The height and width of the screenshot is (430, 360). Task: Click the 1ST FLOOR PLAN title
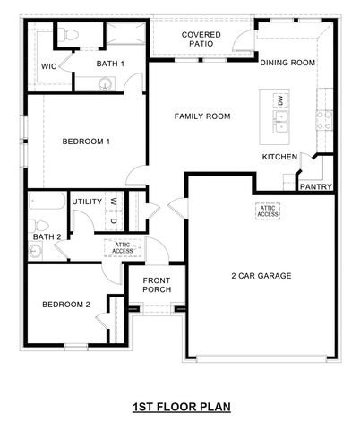[x=181, y=407]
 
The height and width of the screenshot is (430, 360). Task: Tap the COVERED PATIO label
[x=201, y=39]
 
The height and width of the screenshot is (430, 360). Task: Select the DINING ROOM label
[x=287, y=63]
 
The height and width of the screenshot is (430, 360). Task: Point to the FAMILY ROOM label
[x=202, y=116]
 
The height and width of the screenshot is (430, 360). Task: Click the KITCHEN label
[x=279, y=157]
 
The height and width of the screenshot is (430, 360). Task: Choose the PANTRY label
[x=315, y=187]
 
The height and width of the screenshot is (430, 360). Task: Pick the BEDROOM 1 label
[x=86, y=142]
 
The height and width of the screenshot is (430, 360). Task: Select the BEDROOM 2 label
[x=66, y=305]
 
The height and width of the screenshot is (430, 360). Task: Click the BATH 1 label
[x=110, y=64]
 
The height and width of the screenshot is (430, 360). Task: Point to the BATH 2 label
[x=47, y=236]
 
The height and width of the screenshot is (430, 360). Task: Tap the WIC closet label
[x=51, y=66]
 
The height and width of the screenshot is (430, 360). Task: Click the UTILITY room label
[x=87, y=202]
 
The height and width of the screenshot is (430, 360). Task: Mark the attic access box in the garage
[x=268, y=211]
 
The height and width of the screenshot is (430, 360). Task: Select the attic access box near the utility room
[x=124, y=247]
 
